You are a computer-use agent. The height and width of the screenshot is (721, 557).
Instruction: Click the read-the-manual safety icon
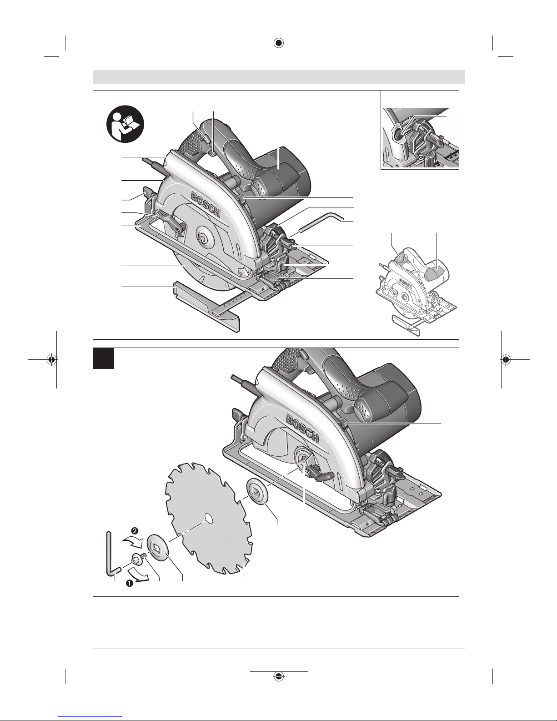point(125,124)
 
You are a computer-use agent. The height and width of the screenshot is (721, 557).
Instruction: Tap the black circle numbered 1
point(129,583)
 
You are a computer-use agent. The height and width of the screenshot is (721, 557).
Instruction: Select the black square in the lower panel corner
point(104,358)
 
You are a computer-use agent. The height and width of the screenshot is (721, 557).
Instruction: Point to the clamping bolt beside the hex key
point(138,560)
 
